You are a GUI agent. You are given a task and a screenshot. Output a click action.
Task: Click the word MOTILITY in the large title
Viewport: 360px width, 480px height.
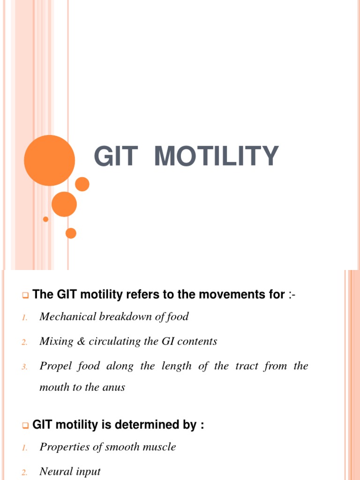pos(217,157)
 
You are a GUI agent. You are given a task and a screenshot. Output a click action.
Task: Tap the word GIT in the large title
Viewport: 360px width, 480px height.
pos(115,157)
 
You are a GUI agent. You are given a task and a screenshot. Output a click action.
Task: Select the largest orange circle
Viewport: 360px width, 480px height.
pos(49,160)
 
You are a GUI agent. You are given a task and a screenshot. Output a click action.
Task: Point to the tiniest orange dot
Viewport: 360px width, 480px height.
pos(45,219)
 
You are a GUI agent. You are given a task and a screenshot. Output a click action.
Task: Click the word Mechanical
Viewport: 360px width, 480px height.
pos(67,317)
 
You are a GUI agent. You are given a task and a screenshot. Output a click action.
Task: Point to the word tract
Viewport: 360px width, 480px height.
pos(247,366)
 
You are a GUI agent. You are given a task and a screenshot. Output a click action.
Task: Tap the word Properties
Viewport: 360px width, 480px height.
pos(65,447)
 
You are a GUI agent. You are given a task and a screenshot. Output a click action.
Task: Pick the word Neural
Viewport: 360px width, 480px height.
pos(56,472)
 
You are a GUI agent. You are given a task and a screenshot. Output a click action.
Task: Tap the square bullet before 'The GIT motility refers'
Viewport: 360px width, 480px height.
pos(25,296)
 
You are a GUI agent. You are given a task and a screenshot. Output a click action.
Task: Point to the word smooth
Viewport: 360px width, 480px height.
pos(123,447)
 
